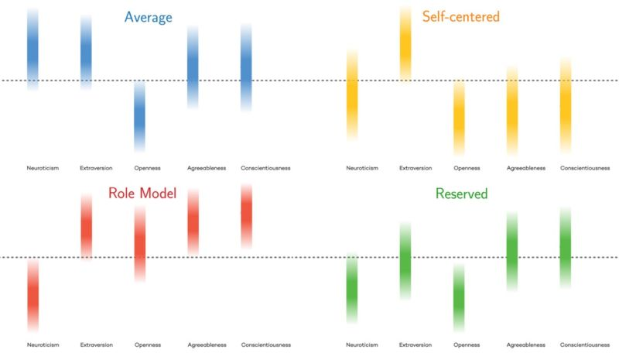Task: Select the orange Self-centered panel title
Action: pyautogui.click(x=461, y=15)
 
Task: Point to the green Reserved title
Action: pyautogui.click(x=461, y=194)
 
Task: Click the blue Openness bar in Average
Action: pyautogui.click(x=139, y=116)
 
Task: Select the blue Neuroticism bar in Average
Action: pyautogui.click(x=32, y=49)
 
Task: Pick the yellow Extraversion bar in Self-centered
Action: pyautogui.click(x=405, y=43)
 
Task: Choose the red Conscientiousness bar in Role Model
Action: pyautogui.click(x=246, y=216)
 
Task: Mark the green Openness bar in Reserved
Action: pyautogui.click(x=459, y=297)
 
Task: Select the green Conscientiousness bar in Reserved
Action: pyautogui.click(x=566, y=248)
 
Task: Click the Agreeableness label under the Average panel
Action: pyautogui.click(x=206, y=168)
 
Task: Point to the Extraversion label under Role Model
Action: pyautogui.click(x=96, y=345)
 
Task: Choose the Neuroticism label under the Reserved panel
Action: pyautogui.click(x=362, y=345)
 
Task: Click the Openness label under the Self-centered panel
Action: pyautogui.click(x=467, y=168)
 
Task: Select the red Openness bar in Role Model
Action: pyautogui.click(x=139, y=243)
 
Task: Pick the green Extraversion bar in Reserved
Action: pyautogui.click(x=405, y=260)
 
